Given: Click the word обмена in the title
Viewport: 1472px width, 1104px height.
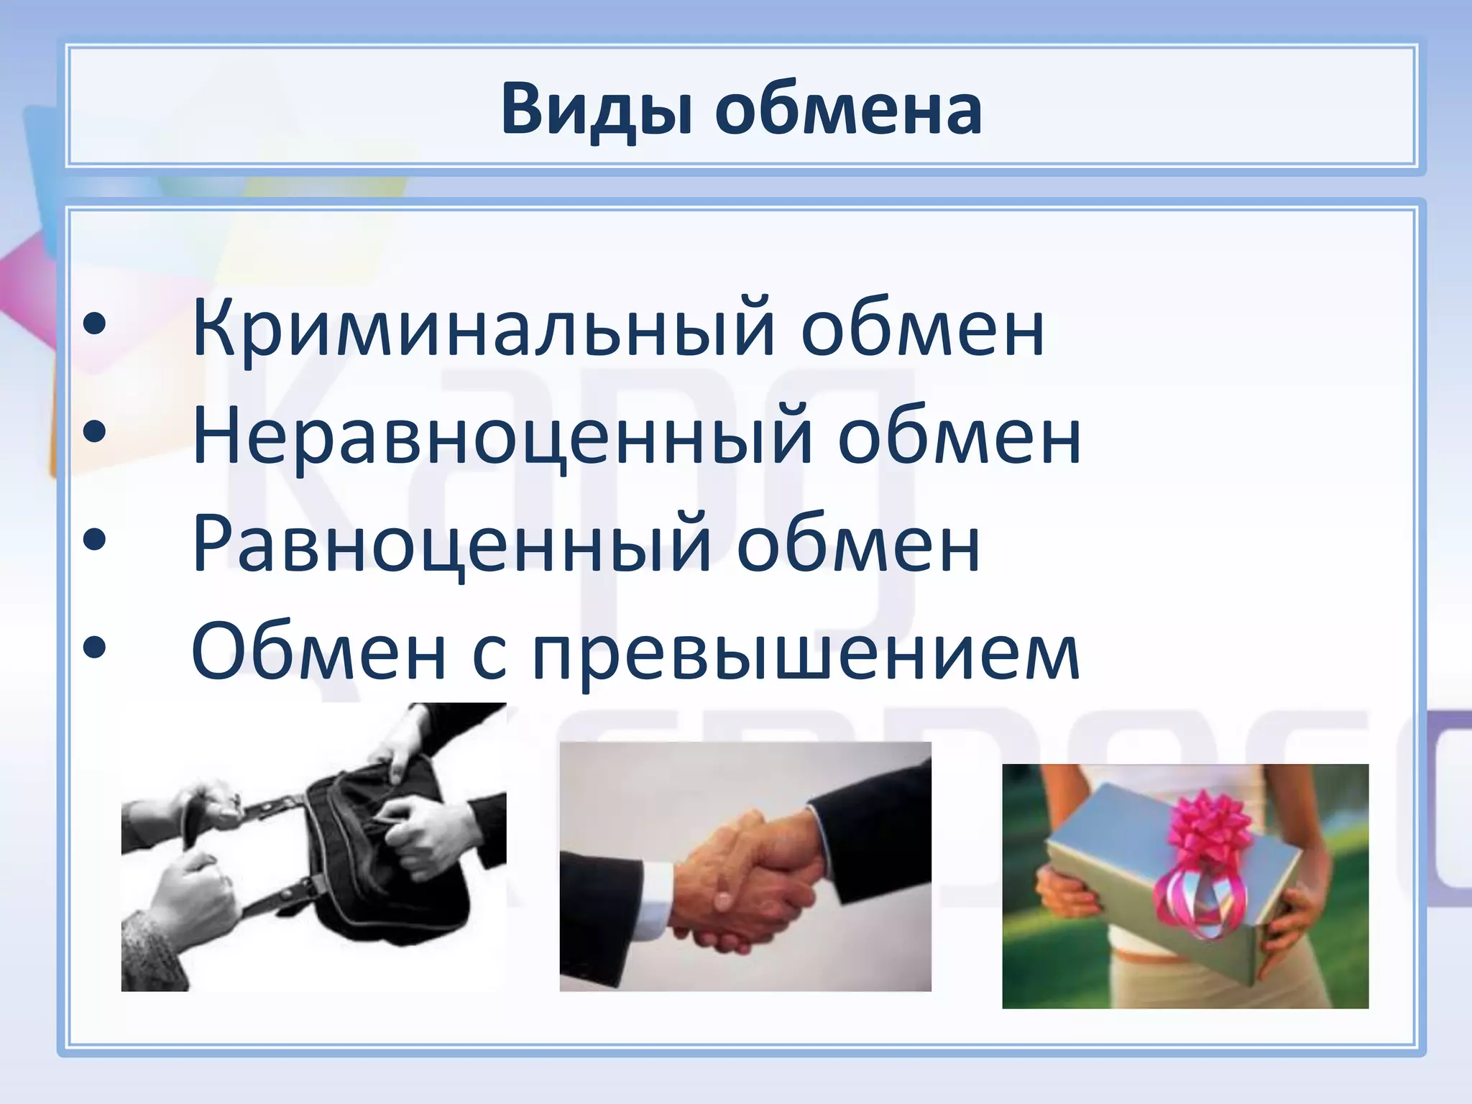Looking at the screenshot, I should tap(848, 110).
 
